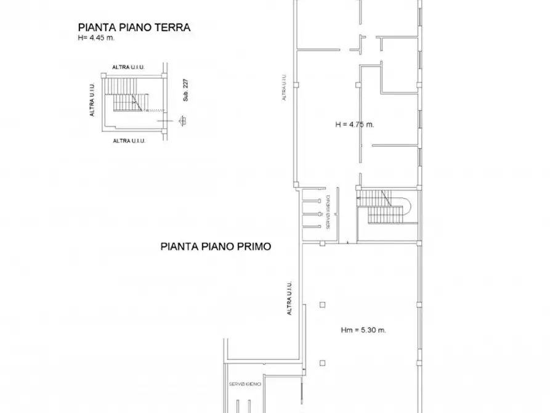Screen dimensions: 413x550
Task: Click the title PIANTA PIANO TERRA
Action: pyautogui.click(x=134, y=27)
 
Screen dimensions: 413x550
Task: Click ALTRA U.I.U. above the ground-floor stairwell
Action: pyautogui.click(x=129, y=67)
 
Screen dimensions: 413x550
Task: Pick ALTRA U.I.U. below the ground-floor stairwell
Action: pyautogui.click(x=129, y=141)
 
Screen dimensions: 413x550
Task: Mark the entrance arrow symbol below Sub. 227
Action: pyautogui.click(x=182, y=121)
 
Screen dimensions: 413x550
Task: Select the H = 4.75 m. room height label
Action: pyautogui.click(x=355, y=124)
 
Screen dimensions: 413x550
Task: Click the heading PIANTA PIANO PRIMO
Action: pyautogui.click(x=216, y=246)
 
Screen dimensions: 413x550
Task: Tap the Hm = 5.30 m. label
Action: pyautogui.click(x=363, y=330)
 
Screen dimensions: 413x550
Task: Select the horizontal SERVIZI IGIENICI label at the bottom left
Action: pyautogui.click(x=245, y=385)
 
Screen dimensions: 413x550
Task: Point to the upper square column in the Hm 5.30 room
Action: pyautogui.click(x=322, y=304)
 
